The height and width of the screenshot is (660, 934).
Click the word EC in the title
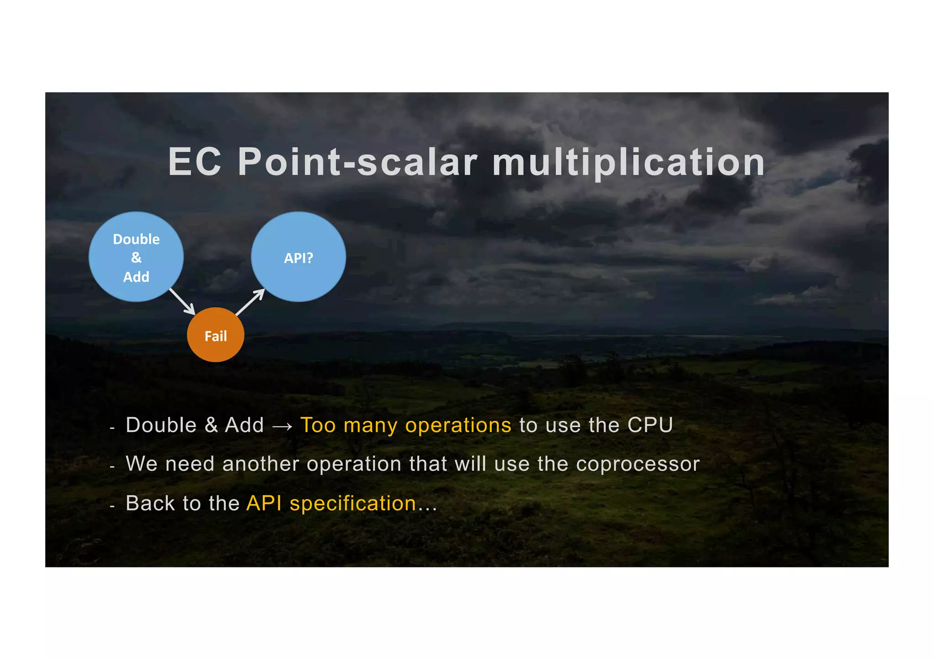point(195,162)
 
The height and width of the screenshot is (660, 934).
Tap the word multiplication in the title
point(628,163)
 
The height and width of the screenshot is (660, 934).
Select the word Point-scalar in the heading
point(358,162)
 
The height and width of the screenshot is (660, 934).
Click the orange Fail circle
point(216,335)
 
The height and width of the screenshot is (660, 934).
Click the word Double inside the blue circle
point(136,239)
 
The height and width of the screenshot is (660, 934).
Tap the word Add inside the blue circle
point(136,277)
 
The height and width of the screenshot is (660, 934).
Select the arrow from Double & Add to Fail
point(182,301)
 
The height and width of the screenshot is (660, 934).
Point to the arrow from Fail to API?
point(250,302)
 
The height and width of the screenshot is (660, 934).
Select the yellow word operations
point(458,426)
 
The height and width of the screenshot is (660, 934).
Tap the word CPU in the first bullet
point(650,425)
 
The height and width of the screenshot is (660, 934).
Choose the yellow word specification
point(353,504)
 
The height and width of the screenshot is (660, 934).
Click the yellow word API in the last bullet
point(264,504)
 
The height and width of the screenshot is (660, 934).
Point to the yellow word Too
point(318,425)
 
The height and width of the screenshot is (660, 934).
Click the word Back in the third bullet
point(150,504)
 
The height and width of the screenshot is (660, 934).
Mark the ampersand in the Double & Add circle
point(136,258)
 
